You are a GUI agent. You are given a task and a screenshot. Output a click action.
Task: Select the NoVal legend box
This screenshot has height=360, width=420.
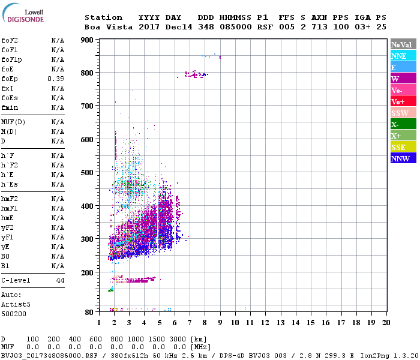403,44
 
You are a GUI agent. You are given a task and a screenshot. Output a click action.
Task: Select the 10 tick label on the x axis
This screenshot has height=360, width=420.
235,323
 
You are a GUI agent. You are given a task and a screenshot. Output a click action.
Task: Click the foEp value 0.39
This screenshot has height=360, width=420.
57,79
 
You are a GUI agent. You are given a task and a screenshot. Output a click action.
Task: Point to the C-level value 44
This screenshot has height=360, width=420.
60,280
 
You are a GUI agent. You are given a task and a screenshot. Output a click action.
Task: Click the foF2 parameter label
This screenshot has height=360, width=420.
9,40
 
